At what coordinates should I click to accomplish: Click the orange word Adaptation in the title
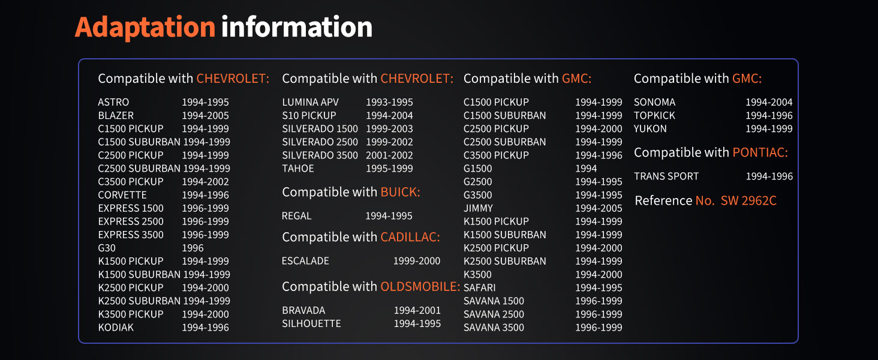(x=145, y=28)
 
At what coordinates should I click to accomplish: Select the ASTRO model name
(x=113, y=102)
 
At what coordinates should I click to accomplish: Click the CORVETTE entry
(x=122, y=195)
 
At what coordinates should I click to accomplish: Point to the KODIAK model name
(x=116, y=328)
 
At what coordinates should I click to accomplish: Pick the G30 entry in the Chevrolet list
(x=107, y=248)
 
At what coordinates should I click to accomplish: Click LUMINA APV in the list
(x=311, y=102)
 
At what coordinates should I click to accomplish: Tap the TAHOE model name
(x=298, y=169)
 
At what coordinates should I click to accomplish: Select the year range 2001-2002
(x=389, y=155)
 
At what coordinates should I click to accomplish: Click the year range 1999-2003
(x=389, y=128)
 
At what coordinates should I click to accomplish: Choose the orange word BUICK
(x=400, y=192)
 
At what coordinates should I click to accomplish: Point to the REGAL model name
(x=296, y=215)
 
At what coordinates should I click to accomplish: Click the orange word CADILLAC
(x=410, y=237)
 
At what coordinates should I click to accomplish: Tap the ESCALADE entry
(x=305, y=261)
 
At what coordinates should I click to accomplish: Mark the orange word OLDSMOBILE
(x=420, y=286)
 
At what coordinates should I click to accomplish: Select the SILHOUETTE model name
(x=312, y=323)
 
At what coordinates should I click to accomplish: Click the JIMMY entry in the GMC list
(x=478, y=208)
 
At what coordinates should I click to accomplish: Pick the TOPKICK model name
(x=654, y=116)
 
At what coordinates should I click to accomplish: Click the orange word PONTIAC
(x=760, y=152)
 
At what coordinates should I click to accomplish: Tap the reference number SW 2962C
(x=748, y=200)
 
